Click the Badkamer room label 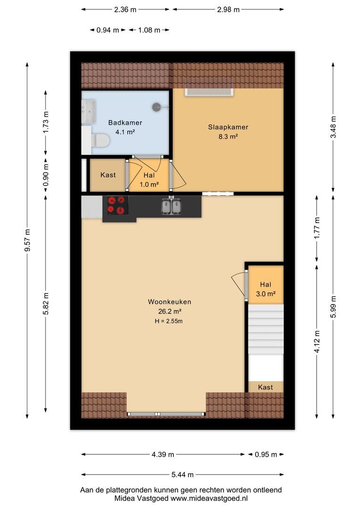tap(125, 123)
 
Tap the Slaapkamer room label tap(228, 127)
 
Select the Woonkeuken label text tap(170, 302)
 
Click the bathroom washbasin tap(89, 111)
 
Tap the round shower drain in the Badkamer tap(157, 107)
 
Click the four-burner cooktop tap(116, 206)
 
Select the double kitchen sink tap(172, 206)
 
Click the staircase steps tap(266, 329)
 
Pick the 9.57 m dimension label tap(28, 240)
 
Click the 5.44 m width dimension tap(182, 475)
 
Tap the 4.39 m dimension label tap(163, 454)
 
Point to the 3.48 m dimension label tap(333, 127)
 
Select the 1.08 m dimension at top tap(149, 30)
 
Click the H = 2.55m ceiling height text tap(169, 321)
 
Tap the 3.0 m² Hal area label tap(266, 294)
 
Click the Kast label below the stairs tap(265, 387)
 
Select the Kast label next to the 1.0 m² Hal tap(108, 175)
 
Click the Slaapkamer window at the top tap(209, 92)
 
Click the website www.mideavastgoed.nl tap(209, 498)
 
